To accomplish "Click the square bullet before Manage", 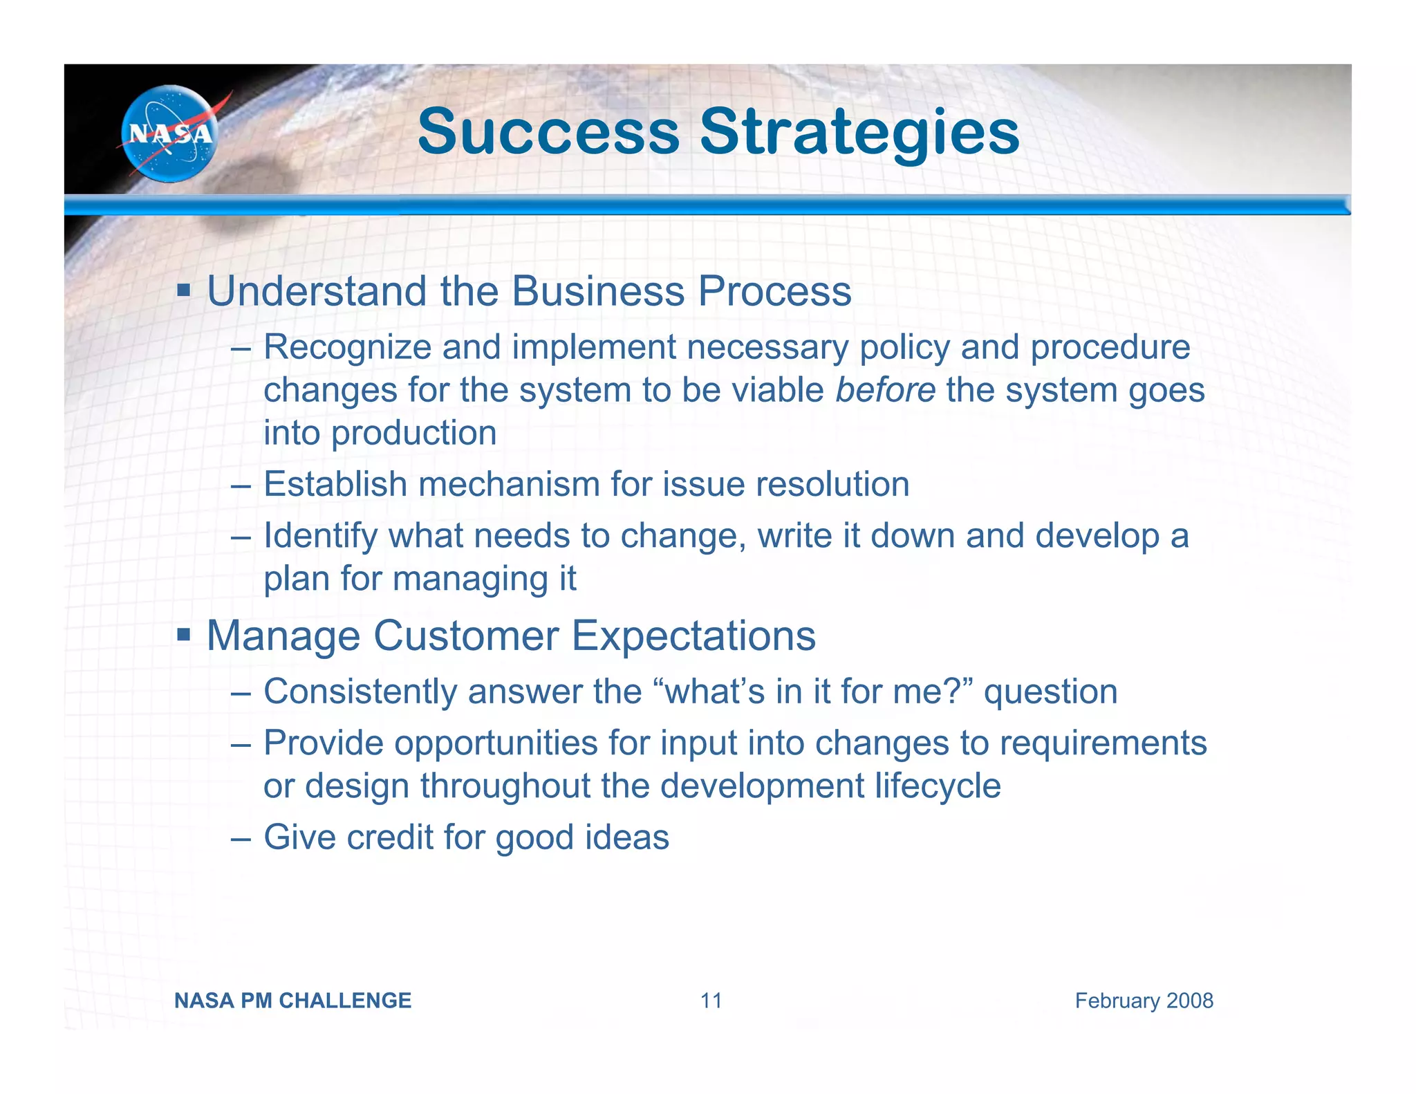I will click(x=183, y=633).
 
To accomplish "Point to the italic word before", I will click(x=885, y=389).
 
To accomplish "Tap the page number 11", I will click(x=711, y=1001).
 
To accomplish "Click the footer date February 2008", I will click(x=1144, y=1001).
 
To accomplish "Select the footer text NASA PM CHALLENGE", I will click(x=292, y=1001).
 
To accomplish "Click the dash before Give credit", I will click(x=241, y=838).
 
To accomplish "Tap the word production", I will click(x=413, y=433).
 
